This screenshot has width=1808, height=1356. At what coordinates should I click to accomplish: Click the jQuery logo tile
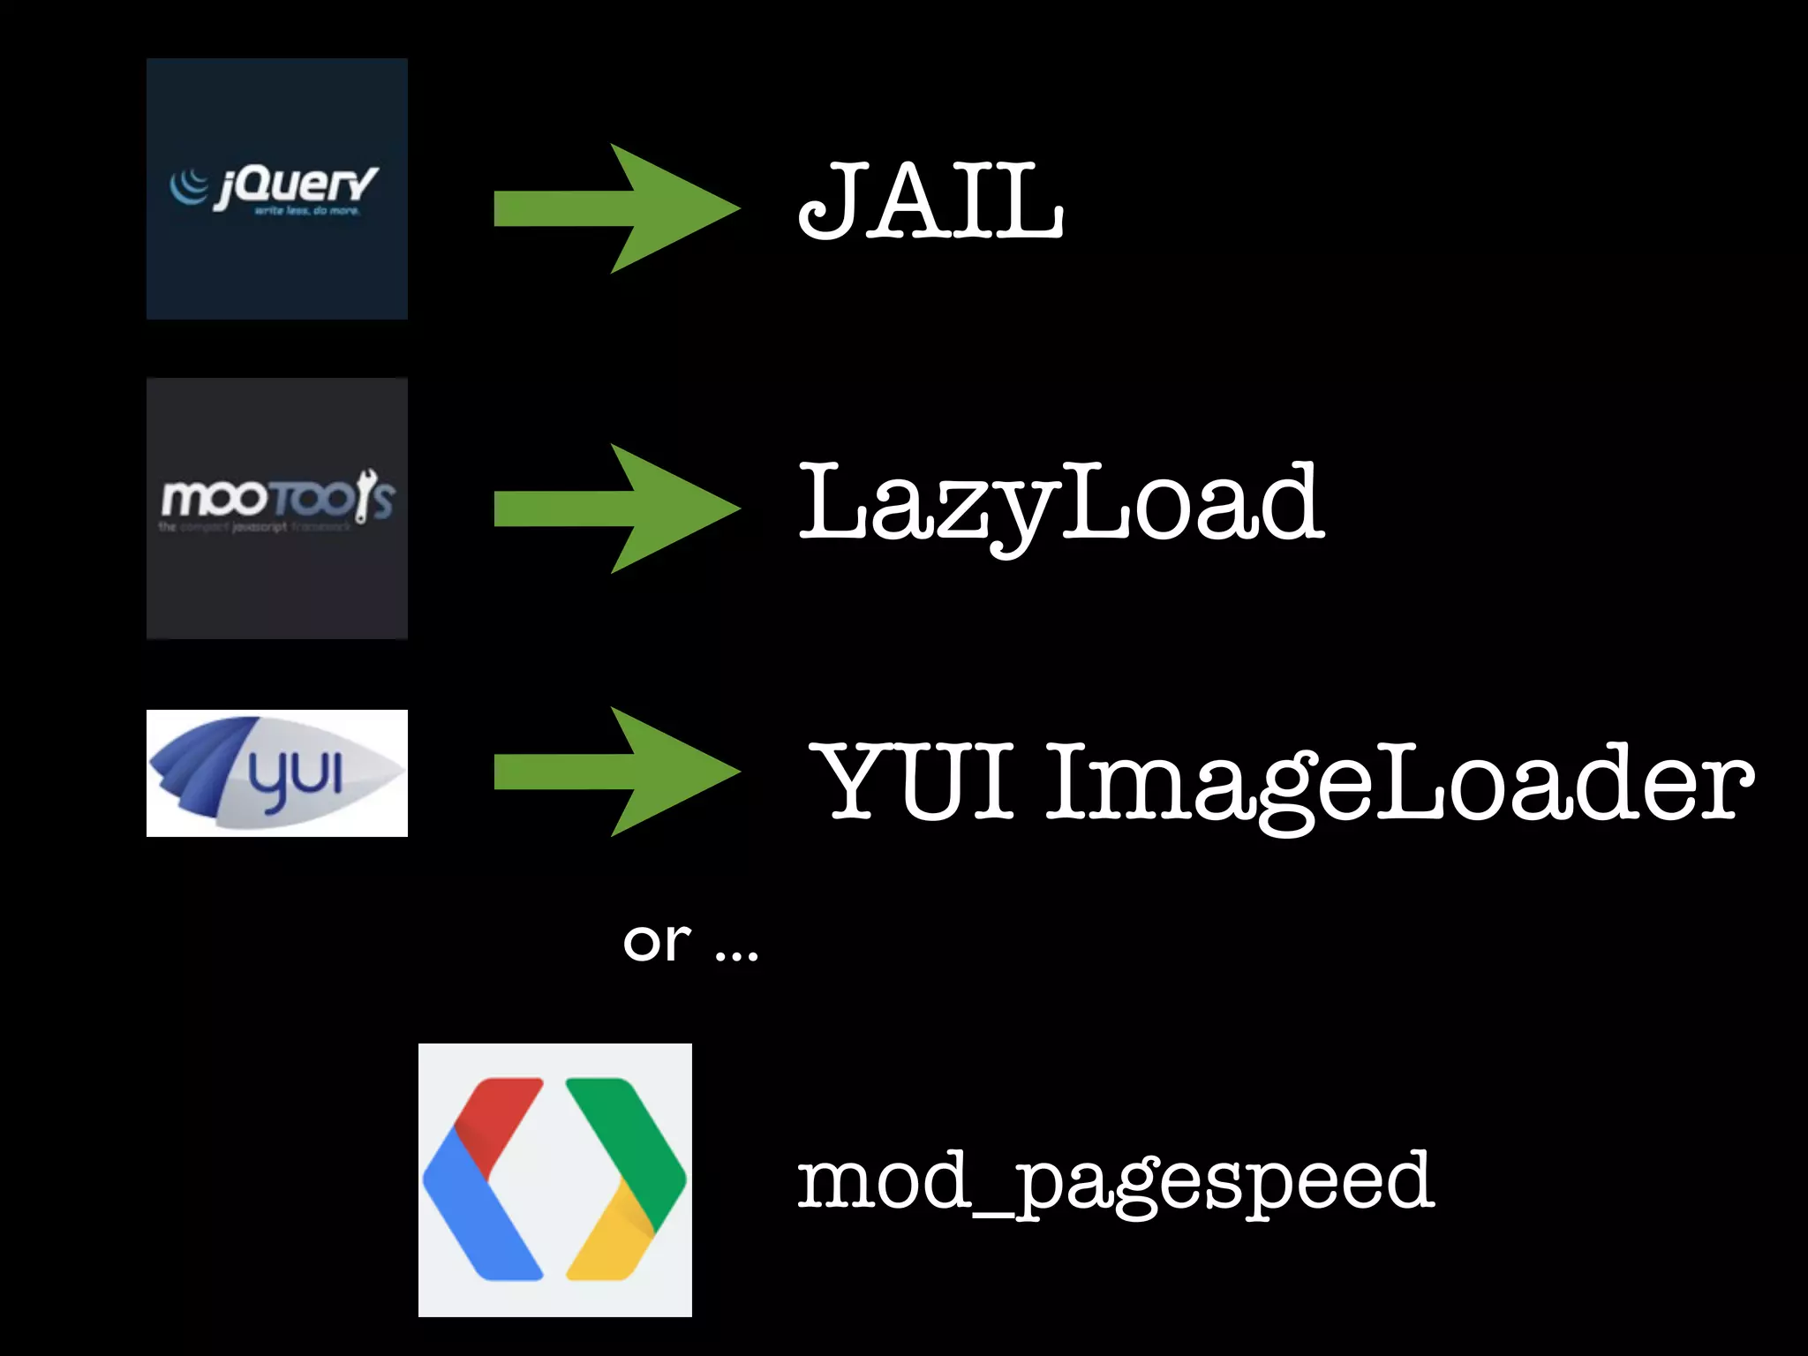point(276,189)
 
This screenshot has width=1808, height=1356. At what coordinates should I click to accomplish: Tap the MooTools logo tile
point(276,508)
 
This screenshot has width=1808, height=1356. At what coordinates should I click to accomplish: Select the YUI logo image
point(276,773)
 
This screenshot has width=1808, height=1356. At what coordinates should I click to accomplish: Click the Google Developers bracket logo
point(554,1179)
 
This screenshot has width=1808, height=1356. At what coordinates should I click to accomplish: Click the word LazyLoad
point(1059,503)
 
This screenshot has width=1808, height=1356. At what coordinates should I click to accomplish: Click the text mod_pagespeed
point(1114,1181)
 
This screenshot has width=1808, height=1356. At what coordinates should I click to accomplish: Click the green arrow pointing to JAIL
point(616,208)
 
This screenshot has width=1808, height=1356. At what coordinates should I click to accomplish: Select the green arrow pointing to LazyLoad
point(616,508)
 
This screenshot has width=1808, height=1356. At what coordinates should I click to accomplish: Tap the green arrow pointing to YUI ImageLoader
point(616,772)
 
